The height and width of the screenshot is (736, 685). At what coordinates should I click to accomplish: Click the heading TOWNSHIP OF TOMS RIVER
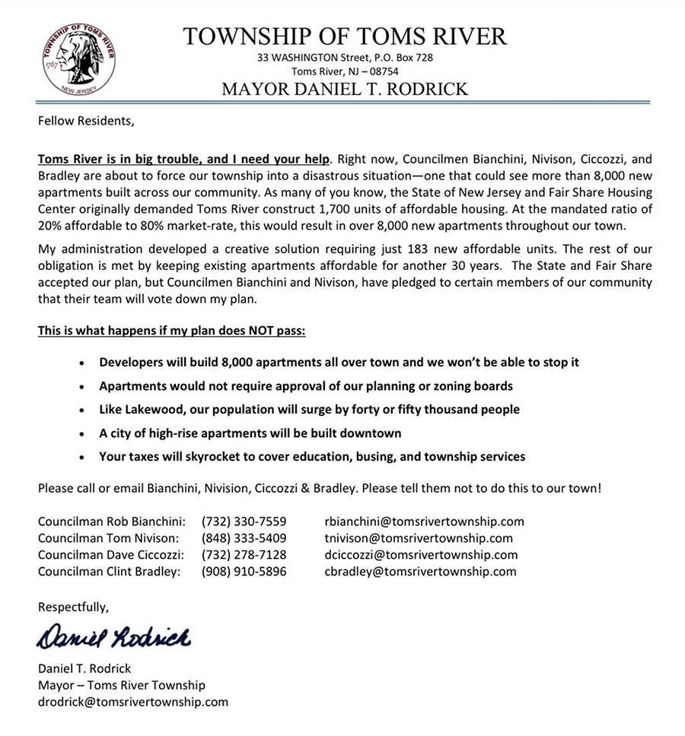(345, 36)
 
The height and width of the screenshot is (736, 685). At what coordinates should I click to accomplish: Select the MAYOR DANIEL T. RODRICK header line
(345, 89)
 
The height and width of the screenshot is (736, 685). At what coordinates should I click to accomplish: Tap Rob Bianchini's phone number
(244, 522)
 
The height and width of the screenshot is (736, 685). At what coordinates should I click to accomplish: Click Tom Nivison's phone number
(244, 538)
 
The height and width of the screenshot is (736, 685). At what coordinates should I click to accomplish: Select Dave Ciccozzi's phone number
(244, 555)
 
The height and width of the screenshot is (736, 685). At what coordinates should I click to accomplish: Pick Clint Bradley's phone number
(244, 572)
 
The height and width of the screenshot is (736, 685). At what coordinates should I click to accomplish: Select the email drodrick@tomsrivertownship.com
(133, 702)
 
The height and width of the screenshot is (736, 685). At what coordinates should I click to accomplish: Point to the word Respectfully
(74, 607)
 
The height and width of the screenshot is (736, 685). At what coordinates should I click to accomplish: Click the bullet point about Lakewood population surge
(309, 409)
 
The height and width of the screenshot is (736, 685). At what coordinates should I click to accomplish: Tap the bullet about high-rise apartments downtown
(250, 433)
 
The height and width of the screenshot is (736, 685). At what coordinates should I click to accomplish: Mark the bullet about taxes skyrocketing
(312, 457)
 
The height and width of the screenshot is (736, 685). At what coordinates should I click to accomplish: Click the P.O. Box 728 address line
(345, 58)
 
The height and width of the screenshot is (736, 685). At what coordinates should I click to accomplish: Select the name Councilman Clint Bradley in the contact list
(109, 572)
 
